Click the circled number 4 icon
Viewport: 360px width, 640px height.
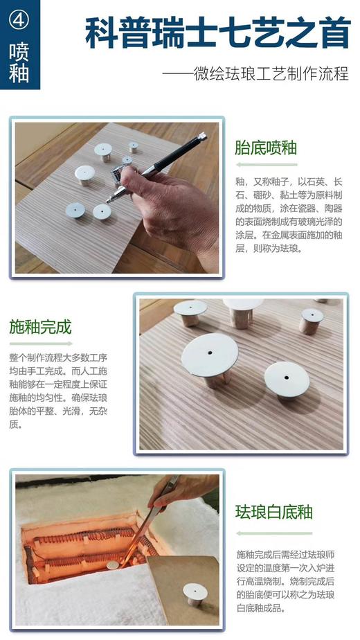click(x=19, y=19)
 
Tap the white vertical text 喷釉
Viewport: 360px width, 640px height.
click(x=19, y=63)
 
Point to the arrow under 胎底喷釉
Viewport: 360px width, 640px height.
click(x=266, y=165)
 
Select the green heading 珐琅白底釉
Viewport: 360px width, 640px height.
click(x=275, y=512)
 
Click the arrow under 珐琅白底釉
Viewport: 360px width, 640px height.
click(x=267, y=533)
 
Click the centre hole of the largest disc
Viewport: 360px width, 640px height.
click(x=209, y=351)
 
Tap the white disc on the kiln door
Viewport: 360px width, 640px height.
click(x=195, y=591)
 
